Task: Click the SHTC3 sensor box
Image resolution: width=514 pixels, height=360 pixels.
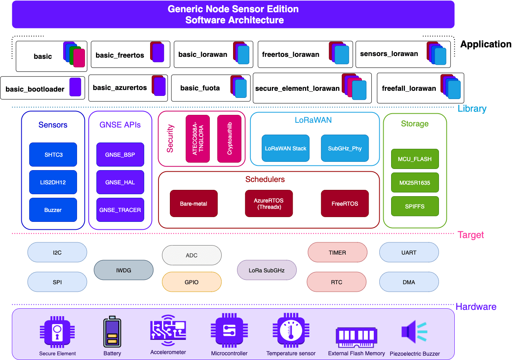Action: click(x=53, y=154)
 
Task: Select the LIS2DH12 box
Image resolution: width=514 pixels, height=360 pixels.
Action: click(x=53, y=182)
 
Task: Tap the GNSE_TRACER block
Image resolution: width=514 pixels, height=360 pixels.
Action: click(x=120, y=210)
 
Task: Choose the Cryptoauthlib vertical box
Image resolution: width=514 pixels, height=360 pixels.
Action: click(x=229, y=139)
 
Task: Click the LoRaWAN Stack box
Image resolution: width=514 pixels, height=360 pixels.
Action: click(x=285, y=148)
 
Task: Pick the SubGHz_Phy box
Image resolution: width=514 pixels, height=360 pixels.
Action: click(x=345, y=148)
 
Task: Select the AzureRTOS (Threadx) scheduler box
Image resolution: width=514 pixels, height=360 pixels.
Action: click(x=269, y=204)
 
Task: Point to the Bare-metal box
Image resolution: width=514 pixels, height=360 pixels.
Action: click(x=194, y=204)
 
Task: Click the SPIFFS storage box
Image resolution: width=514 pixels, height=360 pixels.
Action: click(x=415, y=206)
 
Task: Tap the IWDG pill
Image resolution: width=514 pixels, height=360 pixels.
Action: click(x=123, y=270)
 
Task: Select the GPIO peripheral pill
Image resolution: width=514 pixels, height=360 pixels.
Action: click(x=192, y=282)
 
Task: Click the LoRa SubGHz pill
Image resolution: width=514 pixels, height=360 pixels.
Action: click(x=266, y=270)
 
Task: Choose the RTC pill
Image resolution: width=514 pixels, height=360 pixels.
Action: click(x=337, y=282)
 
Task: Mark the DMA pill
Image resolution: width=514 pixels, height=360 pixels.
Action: click(x=409, y=282)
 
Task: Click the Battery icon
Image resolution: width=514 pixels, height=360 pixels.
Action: click(x=112, y=332)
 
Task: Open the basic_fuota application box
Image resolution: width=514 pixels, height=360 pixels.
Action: click(x=211, y=88)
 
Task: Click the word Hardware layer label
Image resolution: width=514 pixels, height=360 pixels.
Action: click(x=476, y=307)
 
